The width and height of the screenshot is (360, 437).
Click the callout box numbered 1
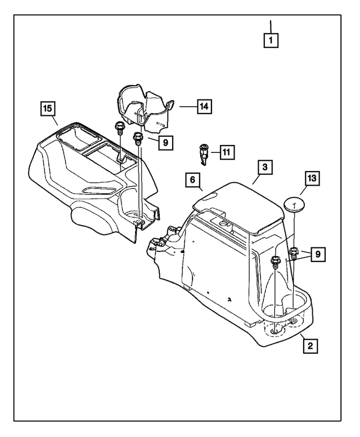pyautogui.click(x=271, y=40)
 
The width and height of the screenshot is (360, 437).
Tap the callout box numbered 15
pyautogui.click(x=49, y=107)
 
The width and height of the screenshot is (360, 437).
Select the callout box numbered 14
pyautogui.click(x=204, y=105)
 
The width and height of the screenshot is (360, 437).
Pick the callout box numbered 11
pyautogui.click(x=227, y=152)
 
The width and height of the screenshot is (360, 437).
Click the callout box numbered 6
pyautogui.click(x=192, y=181)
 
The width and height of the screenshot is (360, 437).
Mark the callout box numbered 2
pyautogui.click(x=309, y=345)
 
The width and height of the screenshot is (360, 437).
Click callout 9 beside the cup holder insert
pyautogui.click(x=165, y=143)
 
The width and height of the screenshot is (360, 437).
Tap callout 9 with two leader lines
pyautogui.click(x=318, y=254)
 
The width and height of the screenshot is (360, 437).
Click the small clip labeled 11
pyautogui.click(x=204, y=154)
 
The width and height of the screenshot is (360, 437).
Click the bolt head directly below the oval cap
pyautogui.click(x=294, y=251)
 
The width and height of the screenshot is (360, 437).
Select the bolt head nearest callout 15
pyautogui.click(x=119, y=127)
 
